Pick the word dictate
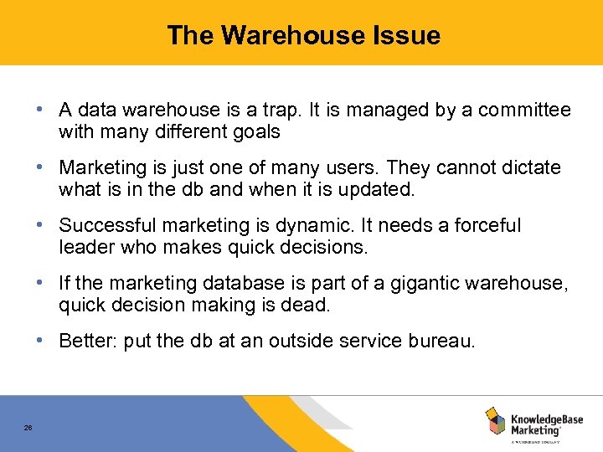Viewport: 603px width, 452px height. (528, 167)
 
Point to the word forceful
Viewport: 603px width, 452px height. (487, 225)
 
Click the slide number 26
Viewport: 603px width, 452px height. (28, 428)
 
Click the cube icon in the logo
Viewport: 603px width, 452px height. (495, 420)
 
